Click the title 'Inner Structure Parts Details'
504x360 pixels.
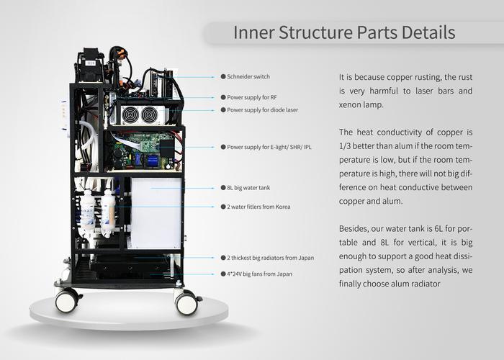tap(344, 33)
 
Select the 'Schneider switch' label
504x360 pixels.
tap(249, 76)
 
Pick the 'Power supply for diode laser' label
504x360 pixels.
tap(262, 110)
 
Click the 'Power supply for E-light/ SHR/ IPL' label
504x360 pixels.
tap(269, 146)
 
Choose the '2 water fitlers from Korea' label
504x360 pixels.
tap(260, 207)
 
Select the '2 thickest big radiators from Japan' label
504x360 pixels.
tap(270, 257)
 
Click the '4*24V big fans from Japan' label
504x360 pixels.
tap(260, 274)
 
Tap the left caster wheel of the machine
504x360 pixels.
tap(68, 300)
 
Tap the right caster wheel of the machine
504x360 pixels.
tap(186, 302)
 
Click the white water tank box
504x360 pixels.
tap(156, 213)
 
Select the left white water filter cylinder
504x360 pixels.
tap(88, 213)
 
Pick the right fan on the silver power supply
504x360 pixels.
tap(149, 114)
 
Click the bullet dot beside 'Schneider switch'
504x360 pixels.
tap(222, 76)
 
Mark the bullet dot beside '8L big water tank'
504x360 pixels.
tap(222, 187)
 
